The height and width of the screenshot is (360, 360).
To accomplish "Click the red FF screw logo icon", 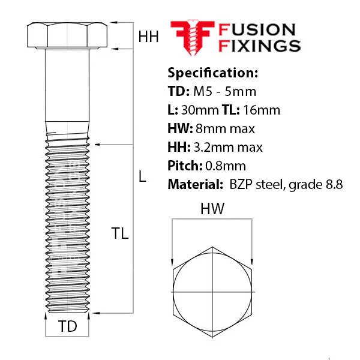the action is point(193,37).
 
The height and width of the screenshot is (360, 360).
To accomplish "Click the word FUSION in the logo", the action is point(257,30).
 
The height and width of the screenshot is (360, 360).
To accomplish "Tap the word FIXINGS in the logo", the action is point(259,46).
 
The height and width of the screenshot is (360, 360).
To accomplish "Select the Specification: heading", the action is point(213,73).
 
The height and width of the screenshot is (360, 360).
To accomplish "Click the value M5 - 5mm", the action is point(224,91).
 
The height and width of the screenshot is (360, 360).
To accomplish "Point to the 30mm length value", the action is point(200,110).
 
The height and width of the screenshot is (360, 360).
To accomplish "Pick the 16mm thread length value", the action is point(262,110).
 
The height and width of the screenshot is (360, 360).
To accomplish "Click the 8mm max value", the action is point(225,128).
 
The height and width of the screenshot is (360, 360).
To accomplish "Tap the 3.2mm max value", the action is point(228,147).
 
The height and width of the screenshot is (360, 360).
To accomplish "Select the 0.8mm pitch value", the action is point(226,166).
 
